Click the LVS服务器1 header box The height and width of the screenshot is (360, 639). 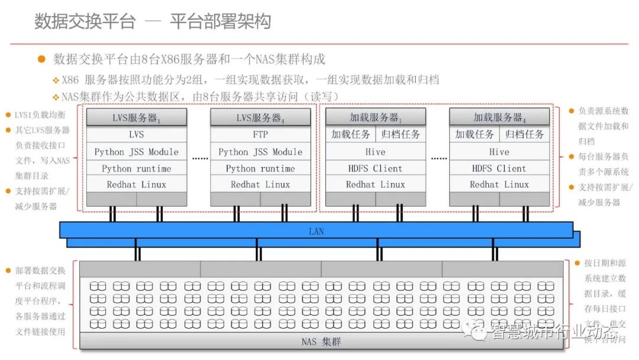(x=137, y=117)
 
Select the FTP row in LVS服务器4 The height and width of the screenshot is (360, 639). (x=260, y=134)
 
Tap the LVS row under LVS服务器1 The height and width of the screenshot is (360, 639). (x=137, y=134)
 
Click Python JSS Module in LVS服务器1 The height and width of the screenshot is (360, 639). (x=137, y=152)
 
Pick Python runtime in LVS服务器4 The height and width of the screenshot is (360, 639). (x=260, y=168)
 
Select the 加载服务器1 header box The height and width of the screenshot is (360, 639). (x=375, y=117)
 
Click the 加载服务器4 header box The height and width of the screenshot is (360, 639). (x=499, y=117)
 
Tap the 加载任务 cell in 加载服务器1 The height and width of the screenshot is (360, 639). (x=351, y=134)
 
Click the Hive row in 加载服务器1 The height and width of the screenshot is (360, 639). (x=375, y=152)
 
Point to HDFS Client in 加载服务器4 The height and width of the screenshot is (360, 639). (x=499, y=168)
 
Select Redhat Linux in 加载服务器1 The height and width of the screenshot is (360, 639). (x=375, y=184)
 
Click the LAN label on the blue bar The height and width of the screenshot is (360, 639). (x=317, y=231)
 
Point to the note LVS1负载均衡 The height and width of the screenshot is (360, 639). (x=40, y=114)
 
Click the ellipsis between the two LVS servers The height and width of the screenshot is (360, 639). (x=200, y=159)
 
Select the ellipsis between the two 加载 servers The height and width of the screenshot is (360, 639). (x=438, y=159)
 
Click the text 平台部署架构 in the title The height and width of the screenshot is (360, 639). (x=220, y=22)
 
